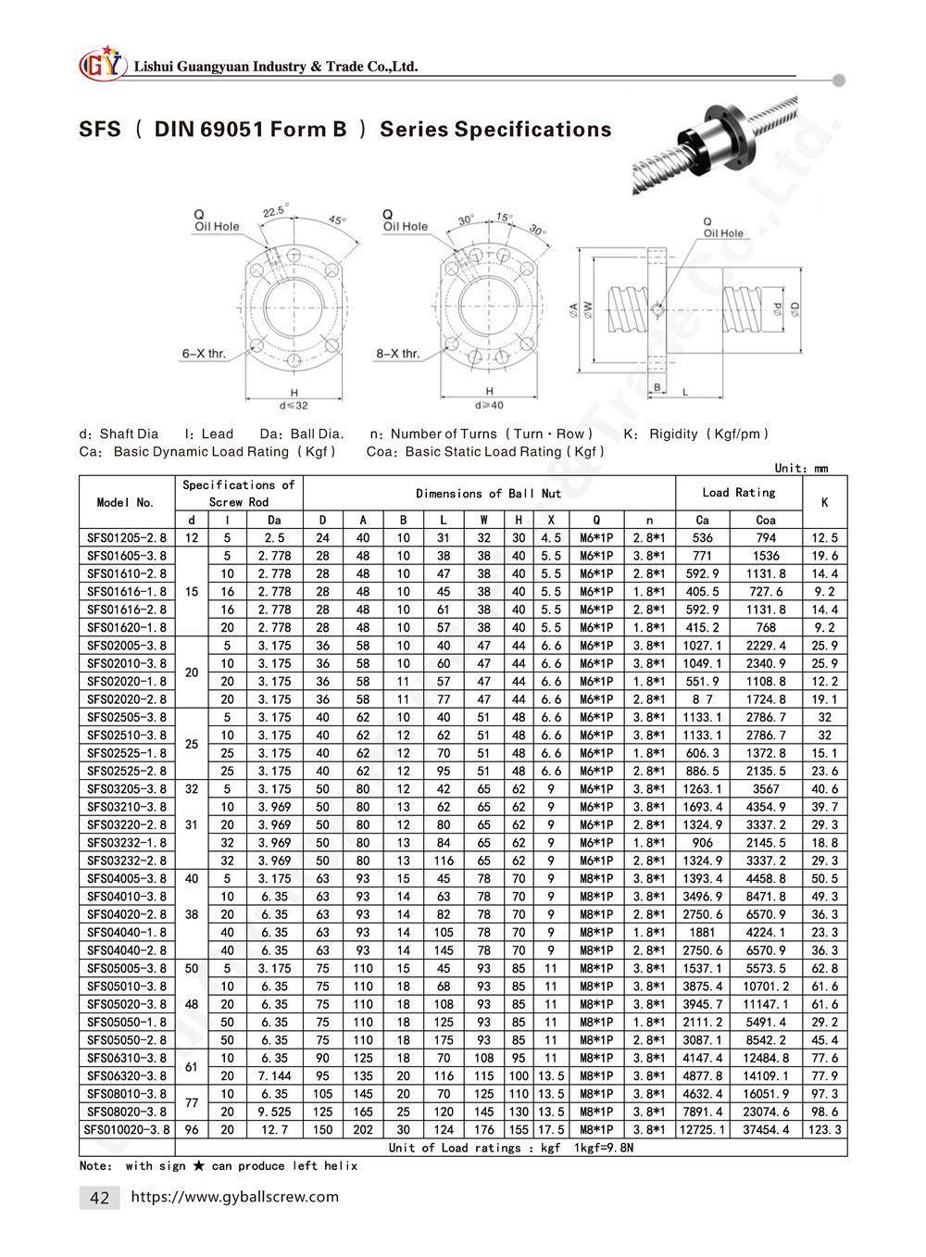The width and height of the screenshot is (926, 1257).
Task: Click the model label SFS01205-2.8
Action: click(127, 538)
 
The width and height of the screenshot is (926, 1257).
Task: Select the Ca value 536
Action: click(704, 538)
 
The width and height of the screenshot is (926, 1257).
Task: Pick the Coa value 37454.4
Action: click(766, 1129)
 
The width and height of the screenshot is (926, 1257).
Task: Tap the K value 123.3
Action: click(824, 1129)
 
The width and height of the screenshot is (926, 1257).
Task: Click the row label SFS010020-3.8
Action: click(127, 1129)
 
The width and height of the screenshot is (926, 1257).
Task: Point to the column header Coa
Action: click(766, 521)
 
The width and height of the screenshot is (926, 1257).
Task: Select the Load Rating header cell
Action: click(739, 493)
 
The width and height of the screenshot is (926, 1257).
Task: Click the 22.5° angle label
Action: click(275, 211)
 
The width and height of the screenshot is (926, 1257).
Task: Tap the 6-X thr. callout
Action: click(204, 353)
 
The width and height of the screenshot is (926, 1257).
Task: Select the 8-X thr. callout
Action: click(398, 353)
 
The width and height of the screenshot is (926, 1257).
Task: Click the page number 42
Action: click(99, 1198)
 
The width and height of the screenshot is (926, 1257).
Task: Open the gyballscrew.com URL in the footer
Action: click(235, 1197)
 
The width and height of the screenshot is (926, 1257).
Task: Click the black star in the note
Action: click(198, 1165)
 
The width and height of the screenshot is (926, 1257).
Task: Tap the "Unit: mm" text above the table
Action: click(801, 468)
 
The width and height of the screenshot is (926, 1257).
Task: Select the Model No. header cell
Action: click(127, 502)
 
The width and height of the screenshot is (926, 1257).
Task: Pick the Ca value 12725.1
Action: click(704, 1129)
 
